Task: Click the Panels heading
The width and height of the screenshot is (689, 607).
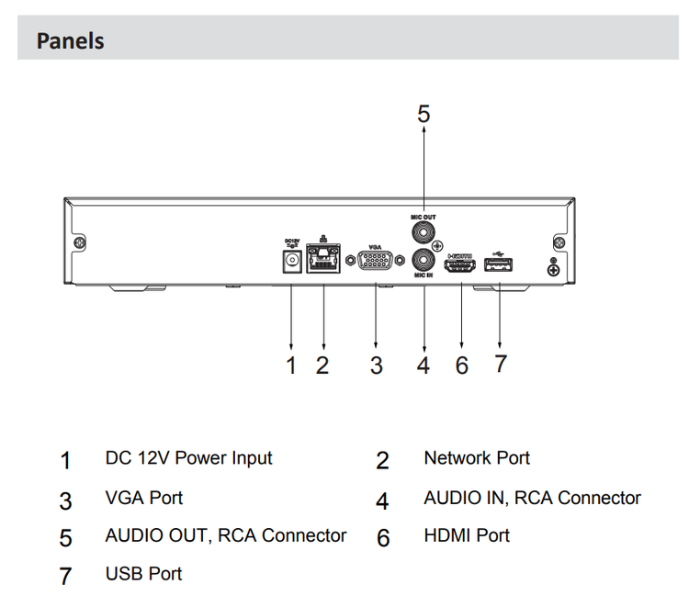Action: tap(70, 41)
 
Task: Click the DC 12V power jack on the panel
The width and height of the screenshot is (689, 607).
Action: tap(292, 261)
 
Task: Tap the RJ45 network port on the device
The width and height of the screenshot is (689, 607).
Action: tap(323, 261)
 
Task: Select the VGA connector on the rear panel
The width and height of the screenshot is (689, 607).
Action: tap(376, 262)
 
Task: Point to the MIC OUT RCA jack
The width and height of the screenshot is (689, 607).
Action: tap(424, 233)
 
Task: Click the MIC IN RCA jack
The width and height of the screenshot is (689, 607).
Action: tap(424, 260)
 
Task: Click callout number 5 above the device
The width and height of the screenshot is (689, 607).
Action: tap(424, 114)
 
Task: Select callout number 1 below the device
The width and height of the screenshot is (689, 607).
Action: tap(291, 365)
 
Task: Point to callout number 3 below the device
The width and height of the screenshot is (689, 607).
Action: tap(376, 365)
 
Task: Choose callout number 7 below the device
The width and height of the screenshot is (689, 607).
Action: tap(500, 364)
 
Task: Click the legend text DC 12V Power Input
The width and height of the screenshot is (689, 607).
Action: tap(188, 457)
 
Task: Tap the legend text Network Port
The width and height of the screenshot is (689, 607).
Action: tap(476, 457)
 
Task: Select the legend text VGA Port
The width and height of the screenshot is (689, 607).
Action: tap(143, 498)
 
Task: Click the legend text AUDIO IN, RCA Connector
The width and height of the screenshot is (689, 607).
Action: tap(532, 498)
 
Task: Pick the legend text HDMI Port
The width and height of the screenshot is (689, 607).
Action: tap(466, 535)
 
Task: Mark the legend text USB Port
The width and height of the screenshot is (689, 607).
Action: tap(143, 574)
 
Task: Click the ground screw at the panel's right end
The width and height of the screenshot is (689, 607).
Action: tap(553, 269)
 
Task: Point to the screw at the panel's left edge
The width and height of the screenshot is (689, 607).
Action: tap(82, 243)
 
